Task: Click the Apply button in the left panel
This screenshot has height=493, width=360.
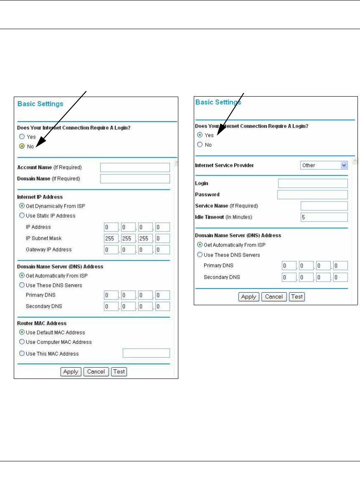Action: [x=71, y=372]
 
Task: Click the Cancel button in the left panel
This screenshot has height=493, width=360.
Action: [x=96, y=372]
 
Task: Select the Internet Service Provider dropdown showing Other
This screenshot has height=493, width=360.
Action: [x=324, y=165]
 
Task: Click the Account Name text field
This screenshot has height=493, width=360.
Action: [x=135, y=167]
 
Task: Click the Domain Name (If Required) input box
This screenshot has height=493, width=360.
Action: [x=135, y=179]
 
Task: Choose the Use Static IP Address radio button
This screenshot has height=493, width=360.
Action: [x=22, y=216]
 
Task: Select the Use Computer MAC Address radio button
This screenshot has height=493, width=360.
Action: [x=22, y=342]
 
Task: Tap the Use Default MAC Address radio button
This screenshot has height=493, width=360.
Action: [x=22, y=332]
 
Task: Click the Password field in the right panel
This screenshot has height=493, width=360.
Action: [x=312, y=194]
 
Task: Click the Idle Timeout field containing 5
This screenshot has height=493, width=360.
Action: [x=324, y=217]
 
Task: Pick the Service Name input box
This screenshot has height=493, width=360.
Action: [x=324, y=206]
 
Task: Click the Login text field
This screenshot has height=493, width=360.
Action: [x=312, y=183]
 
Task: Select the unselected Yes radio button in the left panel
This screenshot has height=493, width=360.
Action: [x=22, y=137]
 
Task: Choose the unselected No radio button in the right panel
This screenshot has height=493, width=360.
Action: [x=200, y=144]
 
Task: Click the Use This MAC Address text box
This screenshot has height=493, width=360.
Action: [x=146, y=354]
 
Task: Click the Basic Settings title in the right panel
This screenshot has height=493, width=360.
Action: [x=218, y=102]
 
